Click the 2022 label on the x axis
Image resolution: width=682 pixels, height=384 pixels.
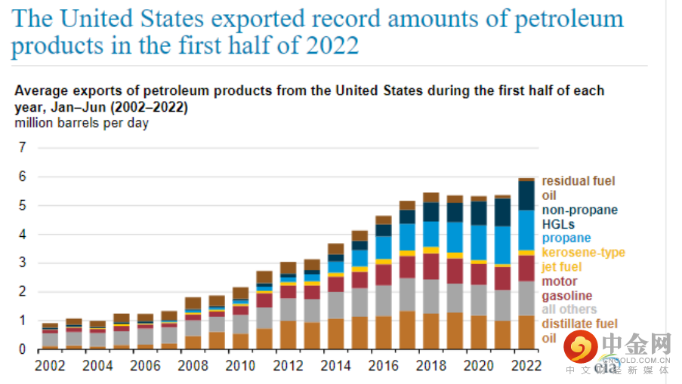[525, 366]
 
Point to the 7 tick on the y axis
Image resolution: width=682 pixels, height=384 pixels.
[23, 147]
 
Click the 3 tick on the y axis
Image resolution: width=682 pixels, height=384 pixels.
[23, 263]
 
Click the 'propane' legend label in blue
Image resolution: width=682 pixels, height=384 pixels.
[566, 238]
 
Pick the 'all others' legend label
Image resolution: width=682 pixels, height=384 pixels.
[569, 309]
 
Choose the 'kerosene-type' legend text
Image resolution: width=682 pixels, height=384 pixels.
[584, 253]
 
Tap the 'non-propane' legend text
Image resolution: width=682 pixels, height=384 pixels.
[580, 210]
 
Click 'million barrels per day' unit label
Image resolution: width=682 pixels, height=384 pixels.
[82, 123]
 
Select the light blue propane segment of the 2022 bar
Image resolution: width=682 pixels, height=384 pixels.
[526, 229]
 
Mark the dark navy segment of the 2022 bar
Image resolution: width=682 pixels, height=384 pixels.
[526, 195]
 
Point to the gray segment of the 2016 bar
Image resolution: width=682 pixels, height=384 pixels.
[384, 300]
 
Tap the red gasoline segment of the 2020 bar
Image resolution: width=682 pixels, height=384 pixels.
[479, 274]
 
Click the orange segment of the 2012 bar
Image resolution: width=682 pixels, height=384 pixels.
[288, 334]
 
